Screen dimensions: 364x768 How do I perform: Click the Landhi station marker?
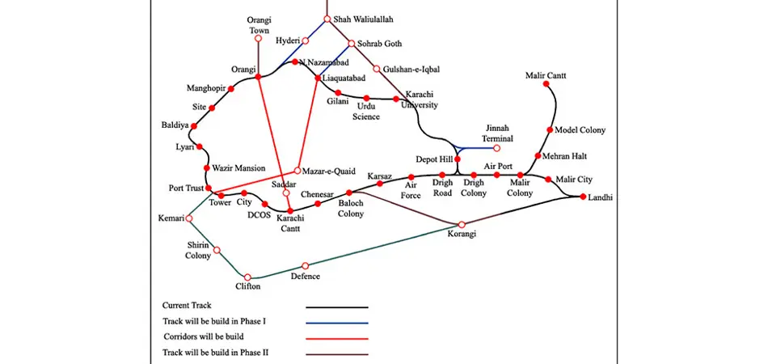coord(583,197)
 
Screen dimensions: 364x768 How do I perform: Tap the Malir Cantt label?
coord(546,75)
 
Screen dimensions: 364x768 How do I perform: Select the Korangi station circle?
coord(462,224)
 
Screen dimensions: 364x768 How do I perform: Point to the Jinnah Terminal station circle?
coord(497,148)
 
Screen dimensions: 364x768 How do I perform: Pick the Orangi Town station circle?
coord(258,38)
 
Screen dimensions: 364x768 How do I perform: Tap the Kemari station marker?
coord(188,218)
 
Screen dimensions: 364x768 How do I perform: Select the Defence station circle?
coord(306,265)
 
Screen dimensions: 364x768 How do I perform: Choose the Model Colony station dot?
coord(550,130)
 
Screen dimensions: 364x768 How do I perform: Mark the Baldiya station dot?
coord(194,126)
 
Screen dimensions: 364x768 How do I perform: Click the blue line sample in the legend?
coord(336,322)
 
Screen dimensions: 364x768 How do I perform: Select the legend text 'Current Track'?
coord(186,306)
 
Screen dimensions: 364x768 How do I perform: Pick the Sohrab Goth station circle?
coord(351,44)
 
